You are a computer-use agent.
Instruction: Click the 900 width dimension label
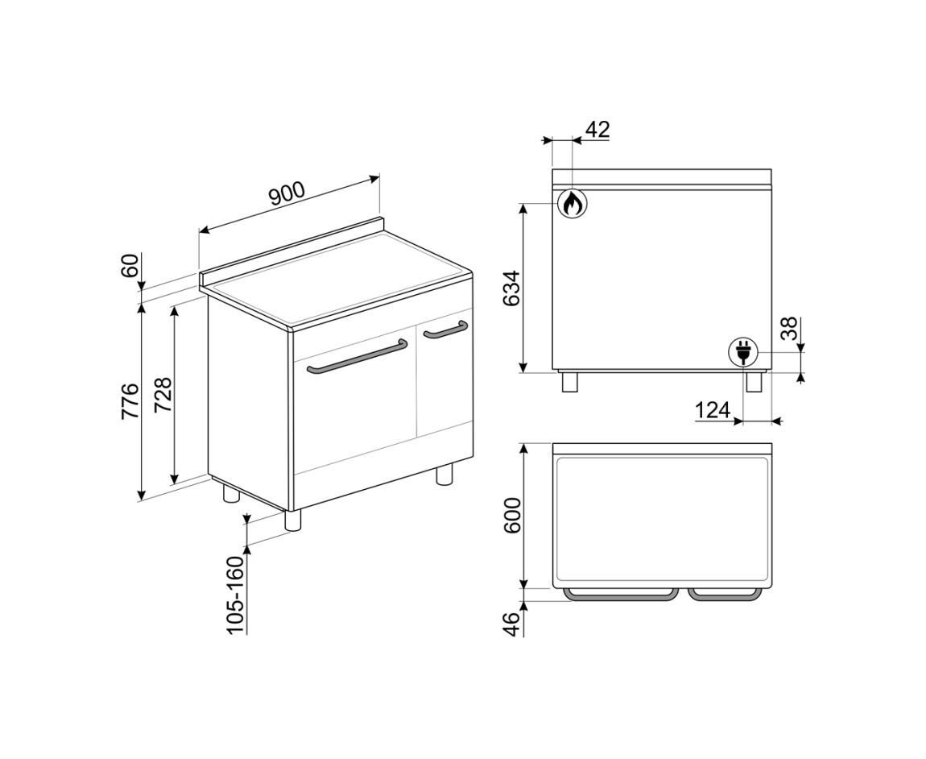click(x=287, y=193)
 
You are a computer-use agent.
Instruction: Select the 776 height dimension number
click(x=130, y=401)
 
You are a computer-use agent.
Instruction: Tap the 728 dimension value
click(x=163, y=394)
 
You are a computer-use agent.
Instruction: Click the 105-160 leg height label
click(x=235, y=595)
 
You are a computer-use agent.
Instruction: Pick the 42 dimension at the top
click(x=597, y=130)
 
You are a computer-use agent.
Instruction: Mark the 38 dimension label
click(x=788, y=329)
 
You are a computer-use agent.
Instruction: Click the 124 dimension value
click(x=713, y=409)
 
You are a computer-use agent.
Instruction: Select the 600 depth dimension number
click(x=512, y=516)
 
